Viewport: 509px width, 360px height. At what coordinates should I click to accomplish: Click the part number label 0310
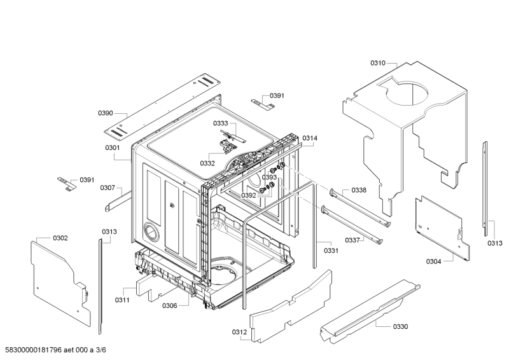pos(378,63)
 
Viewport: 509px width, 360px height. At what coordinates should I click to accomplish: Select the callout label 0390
pos(106,113)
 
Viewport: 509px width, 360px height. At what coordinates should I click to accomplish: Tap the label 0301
pos(113,148)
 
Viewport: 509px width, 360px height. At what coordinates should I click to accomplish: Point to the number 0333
pos(221,123)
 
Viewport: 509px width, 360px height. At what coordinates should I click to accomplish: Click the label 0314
pos(310,138)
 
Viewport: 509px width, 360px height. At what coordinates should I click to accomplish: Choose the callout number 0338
pos(359,190)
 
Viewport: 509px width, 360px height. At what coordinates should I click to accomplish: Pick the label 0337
pos(352,240)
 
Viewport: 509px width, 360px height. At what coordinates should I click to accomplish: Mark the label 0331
pos(331,250)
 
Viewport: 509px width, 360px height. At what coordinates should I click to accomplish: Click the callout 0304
pos(434,261)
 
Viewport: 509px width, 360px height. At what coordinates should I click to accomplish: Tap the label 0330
pos(401,326)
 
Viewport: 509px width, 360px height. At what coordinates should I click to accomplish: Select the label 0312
pos(240,332)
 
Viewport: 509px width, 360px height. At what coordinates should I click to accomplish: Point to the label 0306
pos(170,305)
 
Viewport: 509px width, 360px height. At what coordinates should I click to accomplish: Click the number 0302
pos(60,238)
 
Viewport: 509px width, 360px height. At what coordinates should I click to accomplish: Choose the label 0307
pos(108,188)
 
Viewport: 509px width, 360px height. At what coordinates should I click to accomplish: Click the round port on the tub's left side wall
pos(150,231)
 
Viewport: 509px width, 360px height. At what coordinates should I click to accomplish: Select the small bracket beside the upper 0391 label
pos(263,104)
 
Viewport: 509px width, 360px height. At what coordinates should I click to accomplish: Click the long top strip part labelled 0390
pos(162,106)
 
